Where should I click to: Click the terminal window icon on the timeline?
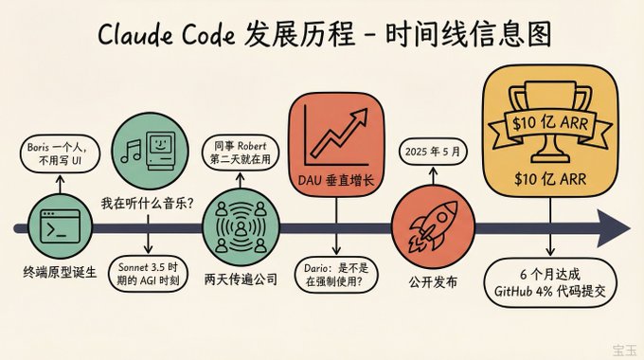point(60,226)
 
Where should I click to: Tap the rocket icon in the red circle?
point(433,226)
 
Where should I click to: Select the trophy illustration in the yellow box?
point(550,122)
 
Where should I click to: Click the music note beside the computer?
point(131,151)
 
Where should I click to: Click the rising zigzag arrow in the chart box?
point(338,133)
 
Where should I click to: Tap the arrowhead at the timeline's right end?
point(613,228)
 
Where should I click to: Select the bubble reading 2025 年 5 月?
point(433,152)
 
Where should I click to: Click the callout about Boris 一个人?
point(60,153)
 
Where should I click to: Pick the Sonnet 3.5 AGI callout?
point(148,274)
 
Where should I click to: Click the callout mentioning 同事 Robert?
point(241,153)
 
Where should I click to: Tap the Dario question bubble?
point(336,275)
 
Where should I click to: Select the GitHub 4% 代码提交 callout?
point(550,282)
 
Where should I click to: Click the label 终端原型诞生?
point(60,272)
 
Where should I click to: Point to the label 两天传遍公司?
point(241,279)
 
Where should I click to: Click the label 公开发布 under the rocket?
point(433,282)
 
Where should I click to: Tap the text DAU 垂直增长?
point(336,180)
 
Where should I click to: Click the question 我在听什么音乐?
point(148,203)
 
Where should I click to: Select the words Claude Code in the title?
point(167,34)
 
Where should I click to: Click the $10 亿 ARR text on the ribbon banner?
point(550,123)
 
